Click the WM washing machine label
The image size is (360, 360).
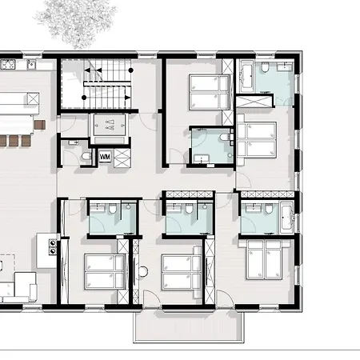point(105,157)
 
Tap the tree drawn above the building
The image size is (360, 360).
point(76,22)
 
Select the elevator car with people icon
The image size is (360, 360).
point(110,125)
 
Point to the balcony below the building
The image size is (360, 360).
point(189,326)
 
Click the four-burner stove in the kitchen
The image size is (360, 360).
point(7,64)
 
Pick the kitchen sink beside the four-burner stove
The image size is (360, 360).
point(31,64)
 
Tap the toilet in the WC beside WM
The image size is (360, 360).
point(86,156)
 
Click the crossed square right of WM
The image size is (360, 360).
point(122,158)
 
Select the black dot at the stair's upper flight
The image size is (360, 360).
point(131,70)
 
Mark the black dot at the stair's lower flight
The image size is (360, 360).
point(84,98)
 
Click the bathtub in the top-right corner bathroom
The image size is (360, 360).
point(246,77)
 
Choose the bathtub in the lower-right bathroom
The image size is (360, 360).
point(286,218)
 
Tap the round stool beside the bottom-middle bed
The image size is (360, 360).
point(143,271)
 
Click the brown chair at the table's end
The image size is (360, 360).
point(40,125)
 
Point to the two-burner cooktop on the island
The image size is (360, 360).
point(53,247)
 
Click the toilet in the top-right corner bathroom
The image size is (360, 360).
point(265,67)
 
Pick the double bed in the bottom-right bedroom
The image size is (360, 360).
point(265,260)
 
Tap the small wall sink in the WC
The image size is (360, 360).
point(73,142)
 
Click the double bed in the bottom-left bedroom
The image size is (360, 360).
point(105,271)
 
